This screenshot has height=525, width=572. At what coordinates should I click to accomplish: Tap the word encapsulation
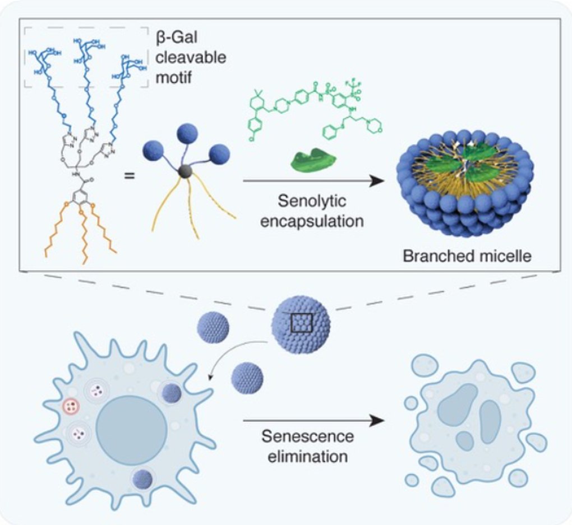[311, 220]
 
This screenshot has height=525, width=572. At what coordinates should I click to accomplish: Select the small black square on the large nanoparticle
[301, 323]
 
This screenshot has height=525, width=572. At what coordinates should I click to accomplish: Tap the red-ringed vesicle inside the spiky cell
[72, 406]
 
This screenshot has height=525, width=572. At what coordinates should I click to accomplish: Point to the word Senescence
[307, 436]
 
